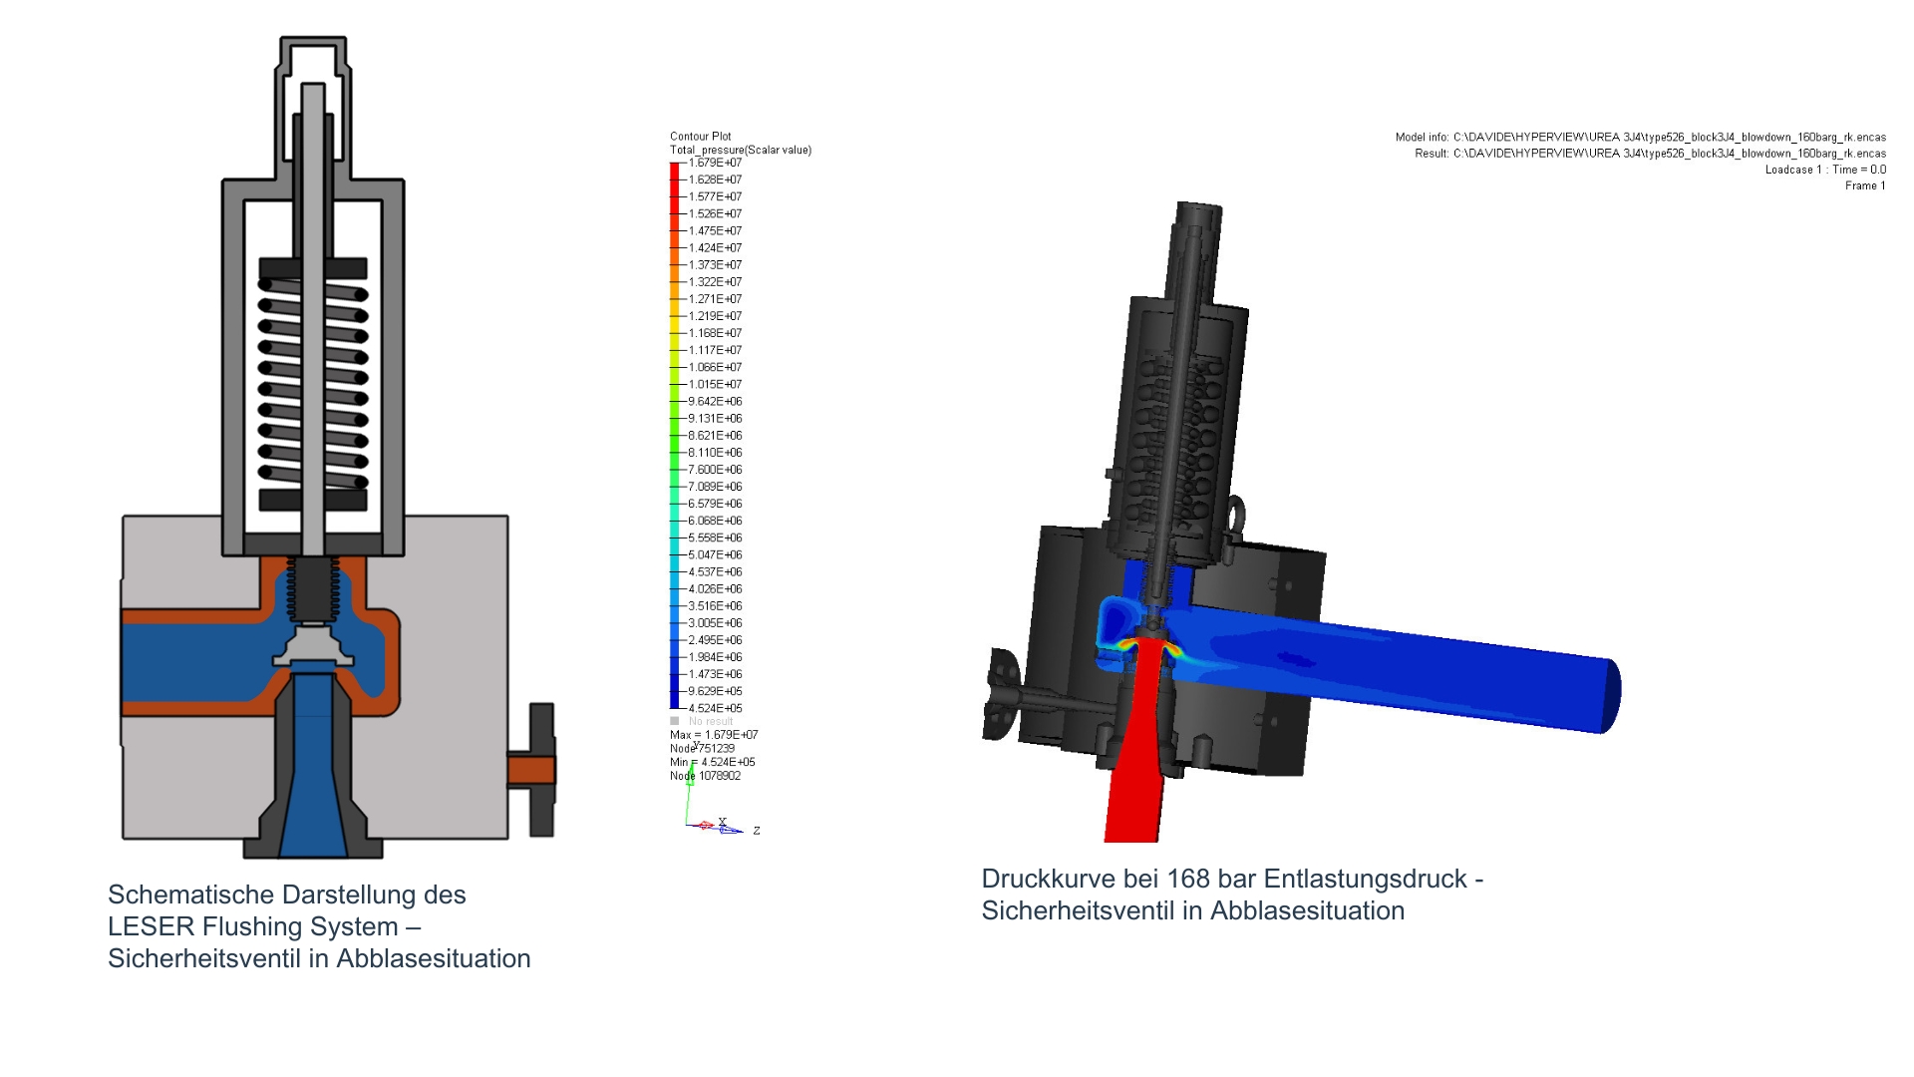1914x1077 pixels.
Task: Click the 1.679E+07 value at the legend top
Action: (715, 163)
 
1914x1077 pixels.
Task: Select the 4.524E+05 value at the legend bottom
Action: (715, 709)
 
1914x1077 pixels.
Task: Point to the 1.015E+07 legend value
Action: (715, 385)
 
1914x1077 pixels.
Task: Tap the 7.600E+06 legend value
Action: (715, 470)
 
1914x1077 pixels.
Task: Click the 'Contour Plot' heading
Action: (700, 137)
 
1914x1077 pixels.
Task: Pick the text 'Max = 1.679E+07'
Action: (714, 735)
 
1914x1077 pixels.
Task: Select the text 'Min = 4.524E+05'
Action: (713, 762)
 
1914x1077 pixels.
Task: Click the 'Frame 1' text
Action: (1865, 185)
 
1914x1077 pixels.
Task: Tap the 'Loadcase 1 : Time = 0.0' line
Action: (1825, 170)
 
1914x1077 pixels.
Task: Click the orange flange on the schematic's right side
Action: (530, 770)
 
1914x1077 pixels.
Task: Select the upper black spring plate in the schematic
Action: (313, 268)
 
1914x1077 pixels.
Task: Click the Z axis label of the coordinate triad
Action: (757, 831)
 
